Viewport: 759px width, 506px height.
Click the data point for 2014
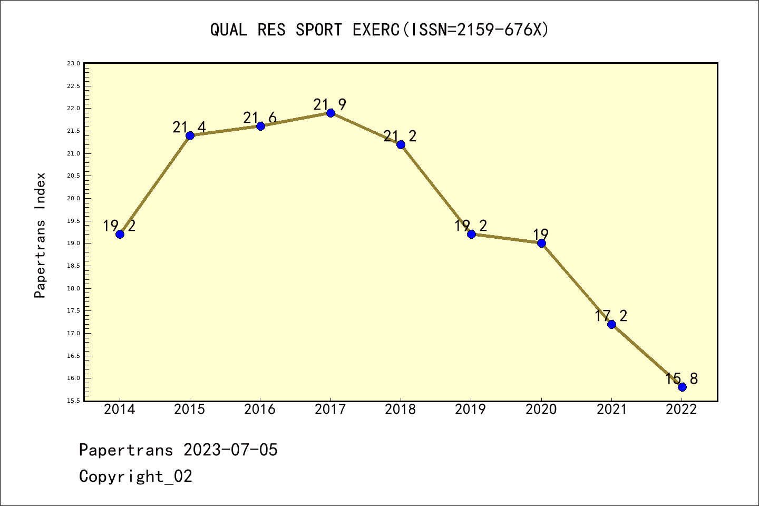pyautogui.click(x=120, y=234)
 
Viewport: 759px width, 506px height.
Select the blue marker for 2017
pyautogui.click(x=330, y=113)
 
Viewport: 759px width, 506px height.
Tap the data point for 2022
pyautogui.click(x=682, y=387)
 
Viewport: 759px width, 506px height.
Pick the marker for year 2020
pyautogui.click(x=541, y=243)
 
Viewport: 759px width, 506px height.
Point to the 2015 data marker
pyautogui.click(x=190, y=135)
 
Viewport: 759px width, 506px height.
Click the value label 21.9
pyautogui.click(x=329, y=104)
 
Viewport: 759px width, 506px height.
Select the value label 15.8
pyautogui.click(x=682, y=378)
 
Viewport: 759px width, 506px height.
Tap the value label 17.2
pyautogui.click(x=611, y=316)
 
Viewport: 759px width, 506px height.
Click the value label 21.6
pyautogui.click(x=259, y=118)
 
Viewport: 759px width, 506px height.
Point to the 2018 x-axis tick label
pyautogui.click(x=401, y=410)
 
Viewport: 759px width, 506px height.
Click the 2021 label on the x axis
pyautogui.click(x=611, y=410)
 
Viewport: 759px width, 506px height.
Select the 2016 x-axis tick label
pyautogui.click(x=260, y=410)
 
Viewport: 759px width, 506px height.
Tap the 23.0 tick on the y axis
pyautogui.click(x=73, y=63)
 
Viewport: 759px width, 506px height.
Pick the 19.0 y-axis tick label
pyautogui.click(x=73, y=244)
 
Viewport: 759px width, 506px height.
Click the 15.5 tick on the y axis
pyautogui.click(x=73, y=401)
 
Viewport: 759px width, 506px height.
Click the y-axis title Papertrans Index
pyautogui.click(x=40, y=235)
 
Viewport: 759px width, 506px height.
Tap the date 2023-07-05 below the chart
pyautogui.click(x=230, y=450)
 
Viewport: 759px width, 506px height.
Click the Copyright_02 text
pyautogui.click(x=135, y=476)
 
